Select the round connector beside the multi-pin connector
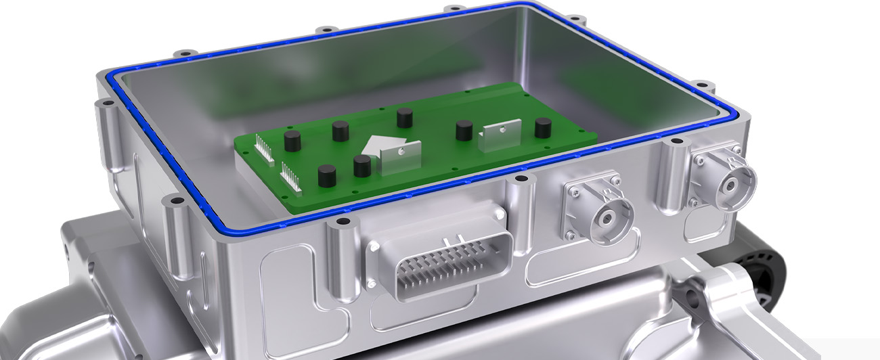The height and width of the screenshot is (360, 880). tap(599, 207)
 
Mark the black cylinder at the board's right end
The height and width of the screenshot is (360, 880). tap(543, 128)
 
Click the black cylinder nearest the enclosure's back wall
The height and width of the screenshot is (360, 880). tap(405, 118)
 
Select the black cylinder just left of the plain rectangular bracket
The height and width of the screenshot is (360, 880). tap(464, 129)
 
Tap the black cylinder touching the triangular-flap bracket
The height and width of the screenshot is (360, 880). tap(362, 164)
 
